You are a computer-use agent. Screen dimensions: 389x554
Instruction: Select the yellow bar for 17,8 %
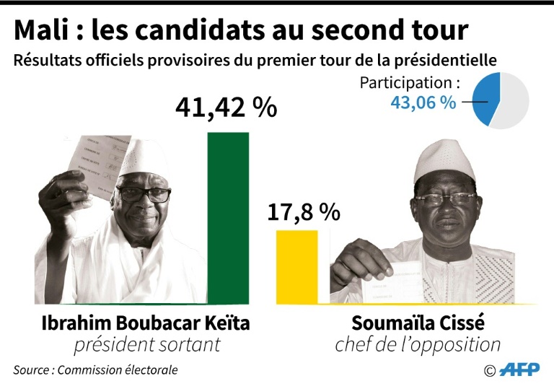296,266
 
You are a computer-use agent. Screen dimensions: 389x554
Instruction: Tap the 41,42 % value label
226,108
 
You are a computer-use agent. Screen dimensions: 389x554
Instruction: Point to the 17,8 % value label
303,211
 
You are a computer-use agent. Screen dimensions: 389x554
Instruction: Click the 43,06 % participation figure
423,102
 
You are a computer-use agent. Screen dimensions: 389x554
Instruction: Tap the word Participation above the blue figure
405,82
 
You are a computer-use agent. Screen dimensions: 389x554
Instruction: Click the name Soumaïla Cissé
418,323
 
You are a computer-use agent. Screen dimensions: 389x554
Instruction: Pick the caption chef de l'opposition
418,345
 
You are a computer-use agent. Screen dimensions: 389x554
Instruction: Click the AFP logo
519,370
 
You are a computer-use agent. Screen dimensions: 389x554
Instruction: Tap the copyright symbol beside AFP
490,371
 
